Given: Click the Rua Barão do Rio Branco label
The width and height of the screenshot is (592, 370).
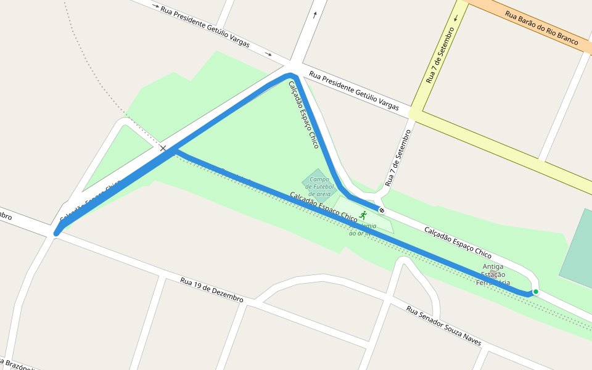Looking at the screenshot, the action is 541,28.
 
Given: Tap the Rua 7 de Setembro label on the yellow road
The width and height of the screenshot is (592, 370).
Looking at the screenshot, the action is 440,55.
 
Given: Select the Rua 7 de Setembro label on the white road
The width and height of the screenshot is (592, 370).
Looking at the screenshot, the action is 398,158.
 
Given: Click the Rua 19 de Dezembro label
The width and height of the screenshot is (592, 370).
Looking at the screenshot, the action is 212,289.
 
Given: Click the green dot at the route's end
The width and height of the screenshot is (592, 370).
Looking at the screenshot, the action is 536,292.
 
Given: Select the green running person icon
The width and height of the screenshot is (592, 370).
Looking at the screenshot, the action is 363,215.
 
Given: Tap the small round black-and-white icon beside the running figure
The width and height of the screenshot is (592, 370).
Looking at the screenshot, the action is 382,211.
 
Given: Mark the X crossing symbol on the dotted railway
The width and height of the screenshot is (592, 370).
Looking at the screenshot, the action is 163,148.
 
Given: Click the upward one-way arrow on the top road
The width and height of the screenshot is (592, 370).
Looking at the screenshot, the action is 315,15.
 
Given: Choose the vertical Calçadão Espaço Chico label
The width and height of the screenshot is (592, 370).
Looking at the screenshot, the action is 304,115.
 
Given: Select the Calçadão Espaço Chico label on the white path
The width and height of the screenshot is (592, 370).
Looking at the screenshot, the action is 458,242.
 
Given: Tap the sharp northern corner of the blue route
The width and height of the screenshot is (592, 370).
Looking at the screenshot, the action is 290,75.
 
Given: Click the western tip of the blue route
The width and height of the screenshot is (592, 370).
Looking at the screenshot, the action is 57,233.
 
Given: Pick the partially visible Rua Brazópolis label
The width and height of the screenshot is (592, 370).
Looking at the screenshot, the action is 18,364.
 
